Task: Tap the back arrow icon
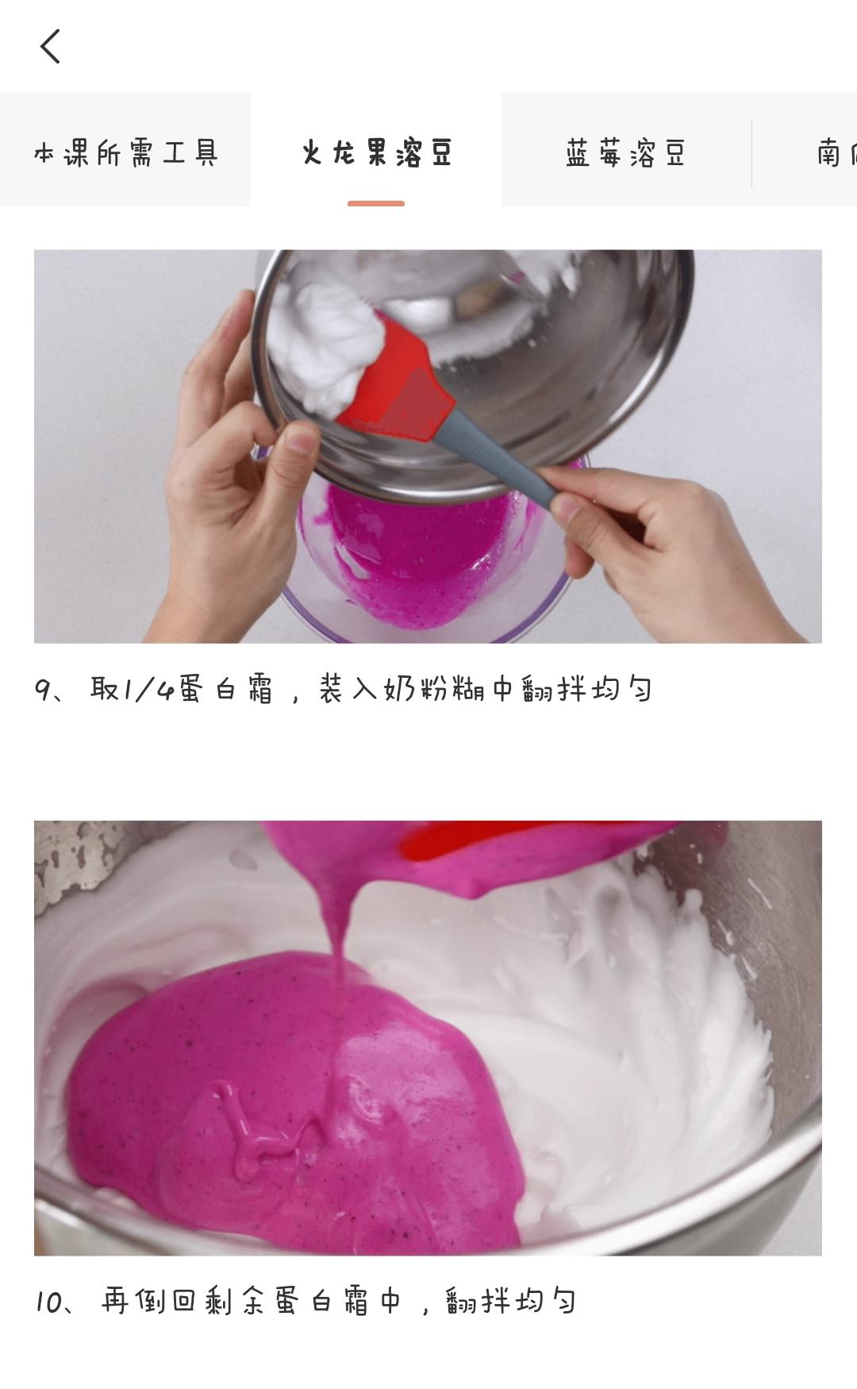click(x=50, y=46)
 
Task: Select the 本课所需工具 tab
click(x=125, y=152)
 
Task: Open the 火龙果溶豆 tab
click(x=376, y=152)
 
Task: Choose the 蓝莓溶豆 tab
click(x=626, y=152)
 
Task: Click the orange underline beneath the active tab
click(x=376, y=204)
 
